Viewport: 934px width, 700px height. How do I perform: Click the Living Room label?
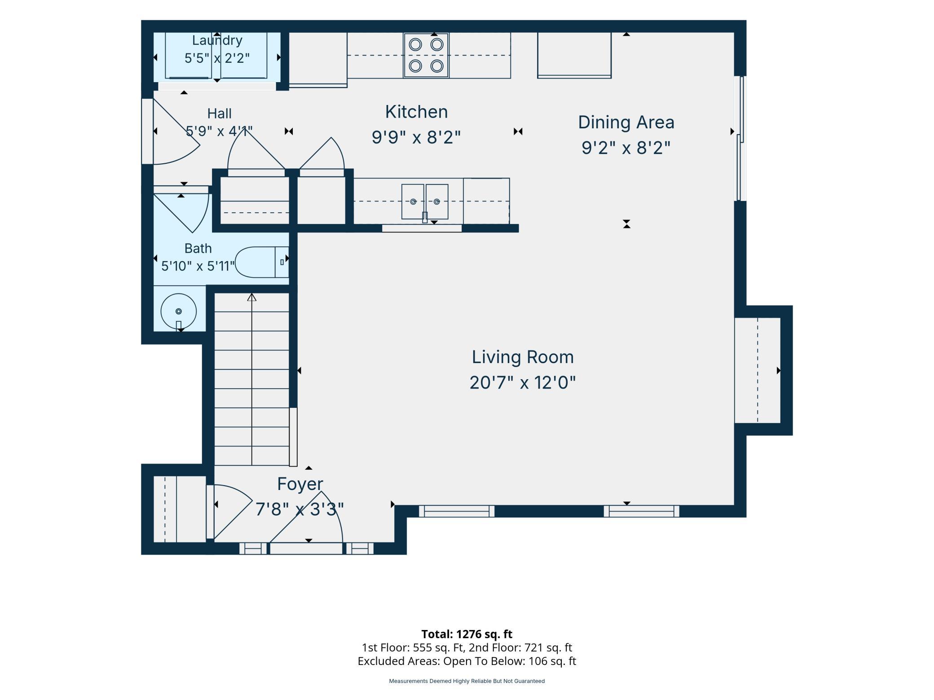[x=523, y=357]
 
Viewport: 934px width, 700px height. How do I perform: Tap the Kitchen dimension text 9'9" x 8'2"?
[x=416, y=137]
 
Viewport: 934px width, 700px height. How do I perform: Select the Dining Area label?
[x=626, y=122]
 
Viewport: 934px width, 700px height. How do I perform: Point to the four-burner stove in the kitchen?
[x=426, y=56]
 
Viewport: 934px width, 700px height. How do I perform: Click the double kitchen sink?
[x=424, y=202]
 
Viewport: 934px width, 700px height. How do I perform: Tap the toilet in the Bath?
[x=262, y=262]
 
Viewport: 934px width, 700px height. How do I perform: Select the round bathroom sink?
[x=179, y=311]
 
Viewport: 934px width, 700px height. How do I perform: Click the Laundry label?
[x=217, y=40]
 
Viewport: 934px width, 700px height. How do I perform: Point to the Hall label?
[x=219, y=113]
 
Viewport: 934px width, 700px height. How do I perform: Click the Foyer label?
[x=300, y=484]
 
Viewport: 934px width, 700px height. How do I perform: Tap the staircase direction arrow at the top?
[x=251, y=297]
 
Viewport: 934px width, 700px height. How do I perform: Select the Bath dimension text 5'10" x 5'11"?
[x=198, y=266]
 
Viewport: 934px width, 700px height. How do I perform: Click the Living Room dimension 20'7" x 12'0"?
[x=523, y=383]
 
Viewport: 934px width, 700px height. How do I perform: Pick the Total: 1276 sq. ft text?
[x=467, y=634]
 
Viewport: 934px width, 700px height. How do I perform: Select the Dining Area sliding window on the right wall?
[x=740, y=138]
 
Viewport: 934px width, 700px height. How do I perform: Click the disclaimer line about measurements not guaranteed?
[x=467, y=681]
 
